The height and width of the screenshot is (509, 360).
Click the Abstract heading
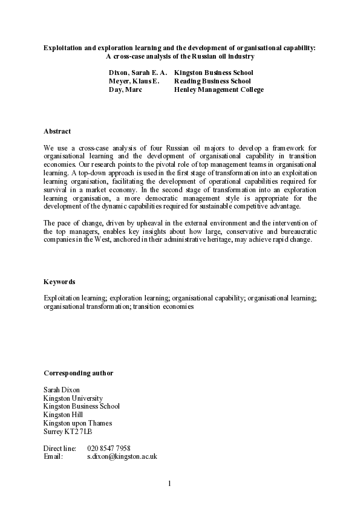57,131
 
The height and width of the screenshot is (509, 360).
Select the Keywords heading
59,282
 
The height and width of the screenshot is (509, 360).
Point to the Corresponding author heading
78,373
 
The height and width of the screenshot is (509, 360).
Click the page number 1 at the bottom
170,483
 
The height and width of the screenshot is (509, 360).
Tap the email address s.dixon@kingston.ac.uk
122,457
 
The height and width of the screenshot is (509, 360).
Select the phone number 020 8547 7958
109,449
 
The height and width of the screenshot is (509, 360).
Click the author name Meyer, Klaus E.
134,81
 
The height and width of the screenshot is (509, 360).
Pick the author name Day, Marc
125,90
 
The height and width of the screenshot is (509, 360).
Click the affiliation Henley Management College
219,90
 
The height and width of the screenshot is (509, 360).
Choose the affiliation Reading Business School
212,81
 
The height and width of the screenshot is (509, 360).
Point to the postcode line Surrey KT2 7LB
68,432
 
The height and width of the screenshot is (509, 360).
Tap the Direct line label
60,449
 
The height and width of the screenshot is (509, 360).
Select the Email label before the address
53,457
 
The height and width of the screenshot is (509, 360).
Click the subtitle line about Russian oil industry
180,57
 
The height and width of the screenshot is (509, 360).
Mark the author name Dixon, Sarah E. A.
138,73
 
